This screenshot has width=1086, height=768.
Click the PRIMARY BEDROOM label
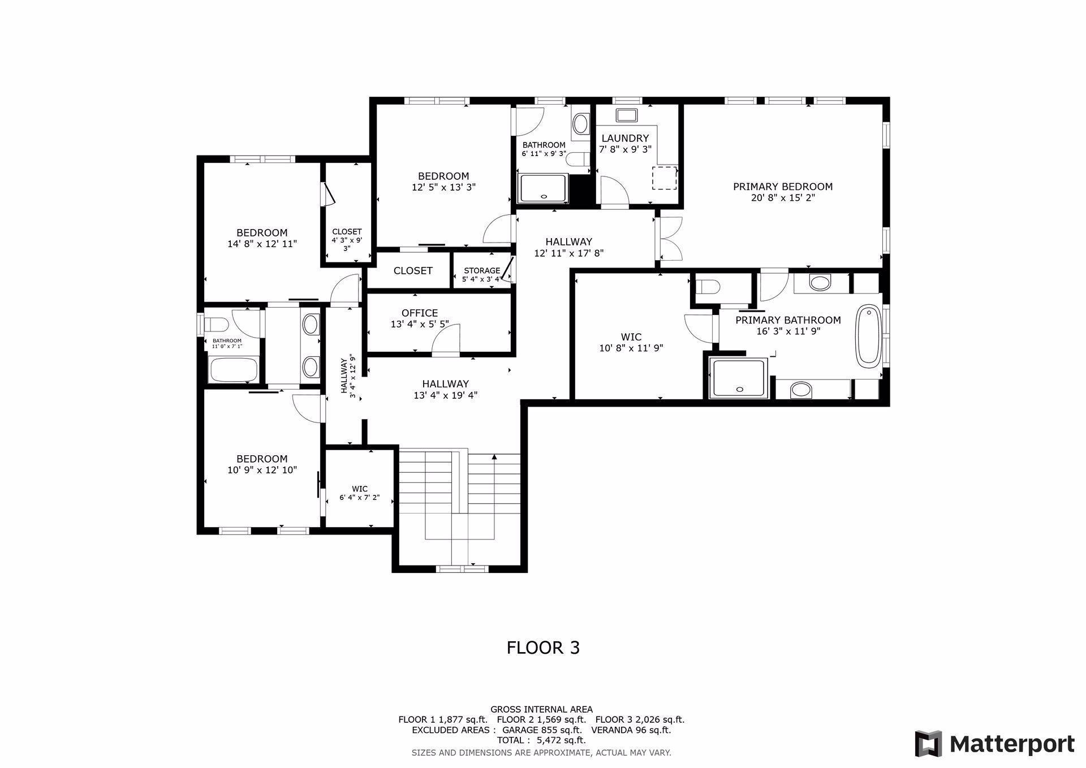(783, 187)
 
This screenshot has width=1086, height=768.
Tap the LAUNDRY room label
(625, 139)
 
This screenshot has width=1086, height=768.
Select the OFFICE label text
(420, 313)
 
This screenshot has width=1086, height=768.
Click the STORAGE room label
(482, 270)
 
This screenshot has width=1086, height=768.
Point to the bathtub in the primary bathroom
(868, 335)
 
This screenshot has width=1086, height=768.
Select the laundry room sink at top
(627, 115)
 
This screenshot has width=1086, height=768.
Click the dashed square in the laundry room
(665, 178)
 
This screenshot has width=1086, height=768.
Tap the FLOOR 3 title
(543, 648)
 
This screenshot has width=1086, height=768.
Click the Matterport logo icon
(928, 744)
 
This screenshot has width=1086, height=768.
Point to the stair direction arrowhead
(494, 456)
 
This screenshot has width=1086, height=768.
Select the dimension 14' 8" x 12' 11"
(262, 244)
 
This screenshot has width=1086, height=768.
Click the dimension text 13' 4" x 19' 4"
(446, 395)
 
